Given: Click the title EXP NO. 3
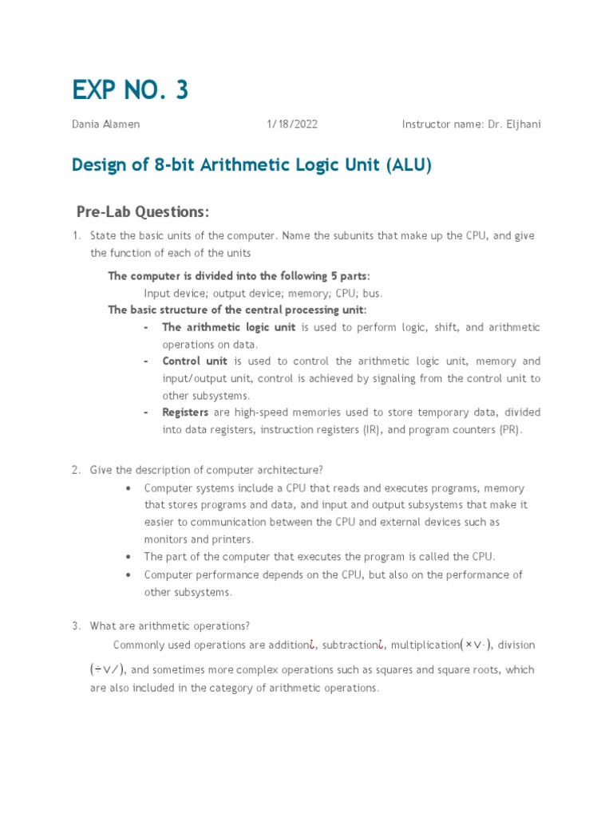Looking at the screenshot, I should [x=130, y=90].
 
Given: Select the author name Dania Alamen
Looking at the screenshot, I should [x=105, y=124].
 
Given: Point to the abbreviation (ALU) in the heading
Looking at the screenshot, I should [x=409, y=165].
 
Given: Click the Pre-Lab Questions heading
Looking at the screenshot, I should [x=143, y=211].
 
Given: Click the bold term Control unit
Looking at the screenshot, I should [x=195, y=361].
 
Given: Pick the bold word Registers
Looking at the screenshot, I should [x=185, y=412].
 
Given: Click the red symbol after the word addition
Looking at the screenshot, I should [x=314, y=645].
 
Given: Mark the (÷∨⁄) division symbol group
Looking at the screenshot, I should [x=106, y=669].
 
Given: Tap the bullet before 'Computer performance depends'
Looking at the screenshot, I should [x=129, y=574].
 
